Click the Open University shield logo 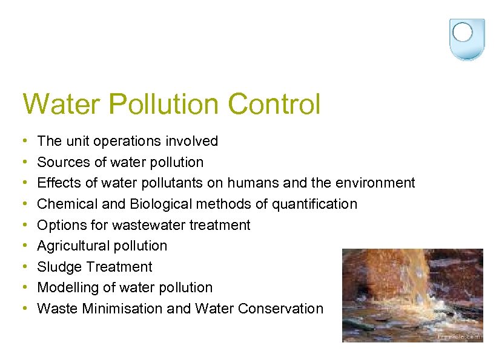[466, 39]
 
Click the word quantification [314, 204]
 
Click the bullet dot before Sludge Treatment [24, 267]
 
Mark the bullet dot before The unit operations [24, 142]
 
